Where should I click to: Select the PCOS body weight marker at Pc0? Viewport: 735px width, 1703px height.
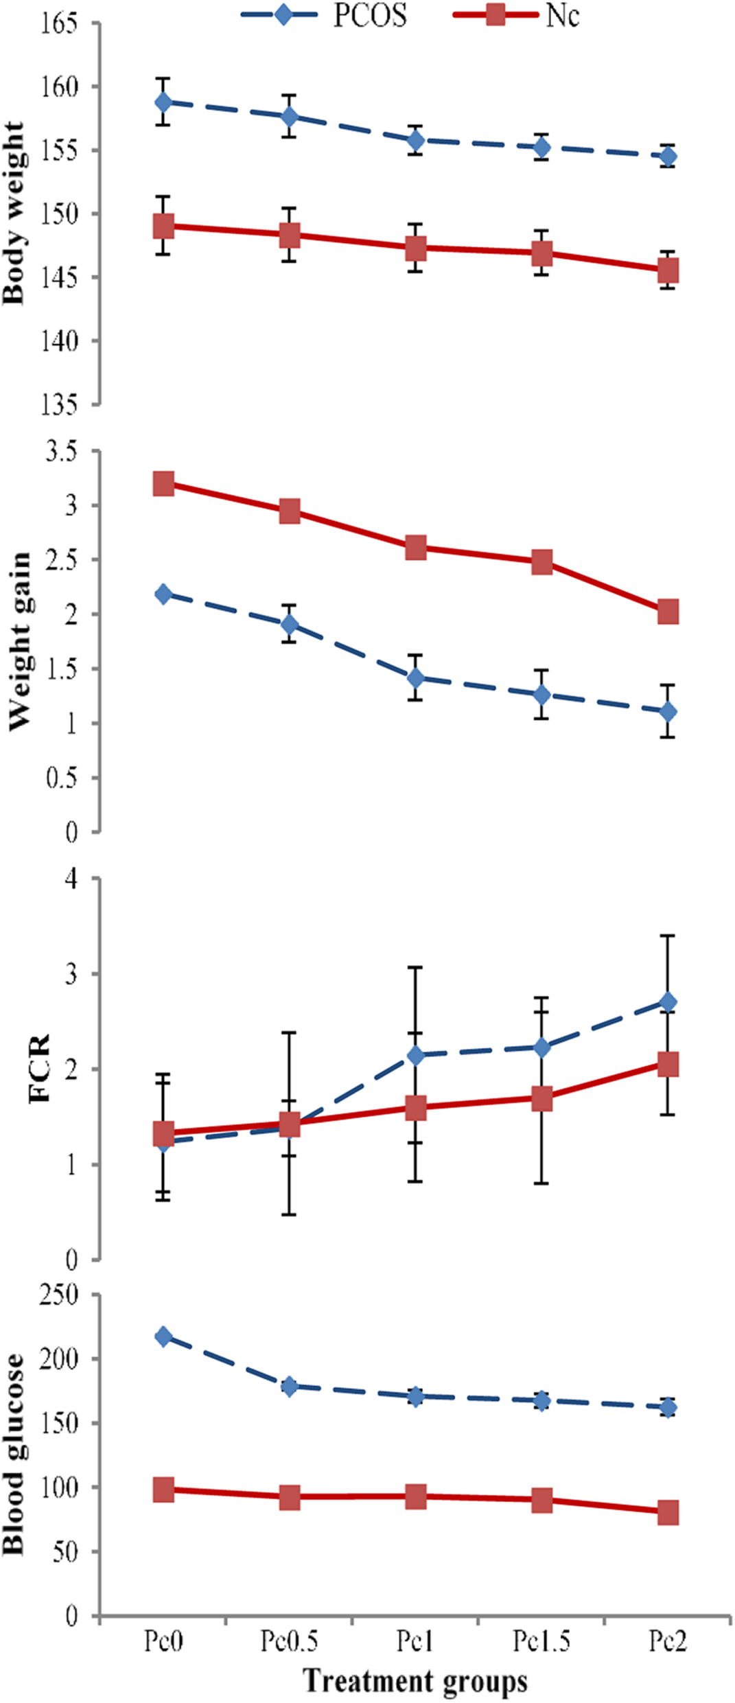[163, 102]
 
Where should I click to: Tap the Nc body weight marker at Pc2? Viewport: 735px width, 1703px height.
[668, 270]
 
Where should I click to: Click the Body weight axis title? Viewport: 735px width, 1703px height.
[14, 213]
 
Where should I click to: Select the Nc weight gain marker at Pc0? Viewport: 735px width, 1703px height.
[163, 483]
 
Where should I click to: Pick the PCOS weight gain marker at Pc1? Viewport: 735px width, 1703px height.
[415, 677]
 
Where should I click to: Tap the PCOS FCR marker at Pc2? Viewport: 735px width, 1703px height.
[668, 1001]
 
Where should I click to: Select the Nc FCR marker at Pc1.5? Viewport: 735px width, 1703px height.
[541, 1098]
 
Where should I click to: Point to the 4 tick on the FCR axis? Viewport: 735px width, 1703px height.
[71, 878]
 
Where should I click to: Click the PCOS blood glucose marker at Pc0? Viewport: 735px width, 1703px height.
[163, 1336]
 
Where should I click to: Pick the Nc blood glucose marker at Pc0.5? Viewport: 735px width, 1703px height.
[289, 1497]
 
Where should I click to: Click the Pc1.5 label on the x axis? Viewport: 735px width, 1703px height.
[541, 1641]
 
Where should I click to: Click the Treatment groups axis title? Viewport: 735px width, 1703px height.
[415, 1681]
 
